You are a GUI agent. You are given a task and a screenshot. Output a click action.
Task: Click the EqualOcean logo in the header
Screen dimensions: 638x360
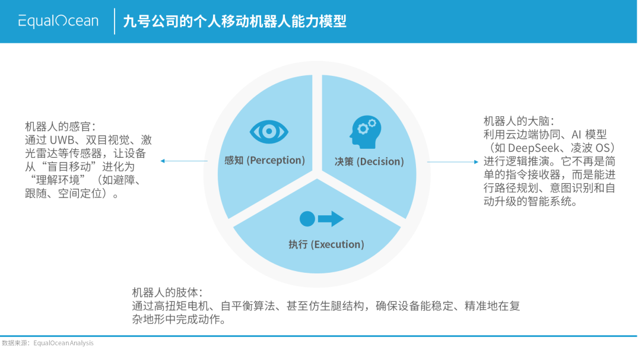[x=58, y=21]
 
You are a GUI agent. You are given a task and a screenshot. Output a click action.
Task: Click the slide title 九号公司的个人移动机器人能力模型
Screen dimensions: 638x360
[x=234, y=22]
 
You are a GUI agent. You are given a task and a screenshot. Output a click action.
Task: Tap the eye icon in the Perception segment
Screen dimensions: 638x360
[x=269, y=131]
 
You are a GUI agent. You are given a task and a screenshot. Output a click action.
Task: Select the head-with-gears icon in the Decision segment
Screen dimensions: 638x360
[x=365, y=131]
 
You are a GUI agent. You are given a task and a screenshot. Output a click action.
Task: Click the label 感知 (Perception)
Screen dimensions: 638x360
[x=265, y=160]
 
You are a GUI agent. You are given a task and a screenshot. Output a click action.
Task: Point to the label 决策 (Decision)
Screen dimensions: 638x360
[x=369, y=161]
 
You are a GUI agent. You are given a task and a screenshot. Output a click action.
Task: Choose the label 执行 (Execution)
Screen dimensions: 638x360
[x=326, y=244]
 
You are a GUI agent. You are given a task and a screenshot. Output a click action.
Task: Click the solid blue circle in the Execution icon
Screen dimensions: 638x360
[x=307, y=219]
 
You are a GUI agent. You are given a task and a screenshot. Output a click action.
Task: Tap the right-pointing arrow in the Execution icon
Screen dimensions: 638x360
[x=331, y=219]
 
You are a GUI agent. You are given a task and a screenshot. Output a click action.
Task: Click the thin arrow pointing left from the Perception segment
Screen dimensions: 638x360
[x=175, y=161]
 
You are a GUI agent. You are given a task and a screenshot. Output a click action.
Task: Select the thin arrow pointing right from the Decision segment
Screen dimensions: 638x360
[x=452, y=161]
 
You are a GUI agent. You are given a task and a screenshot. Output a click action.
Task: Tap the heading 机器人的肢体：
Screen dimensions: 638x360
[x=167, y=293]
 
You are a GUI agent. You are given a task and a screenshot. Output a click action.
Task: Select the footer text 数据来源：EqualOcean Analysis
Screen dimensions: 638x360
[x=47, y=343]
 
